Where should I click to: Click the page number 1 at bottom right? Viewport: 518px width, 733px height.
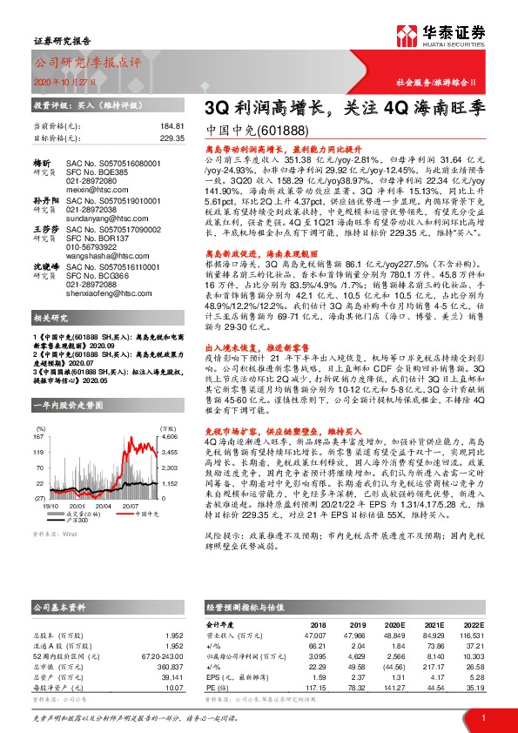[x=481, y=716]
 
